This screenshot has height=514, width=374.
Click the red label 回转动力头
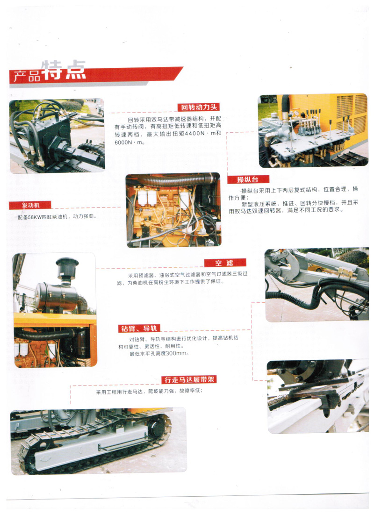(x=199, y=107)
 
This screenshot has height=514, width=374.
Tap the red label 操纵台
(x=248, y=179)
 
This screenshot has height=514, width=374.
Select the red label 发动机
(x=30, y=205)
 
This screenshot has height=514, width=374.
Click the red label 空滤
(x=225, y=263)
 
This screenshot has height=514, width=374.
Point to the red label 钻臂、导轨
(x=139, y=328)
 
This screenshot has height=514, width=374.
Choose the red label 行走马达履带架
(x=189, y=380)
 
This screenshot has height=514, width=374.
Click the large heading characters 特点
(x=64, y=70)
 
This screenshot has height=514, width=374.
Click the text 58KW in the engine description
(x=35, y=217)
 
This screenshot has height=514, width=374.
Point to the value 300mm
(x=176, y=353)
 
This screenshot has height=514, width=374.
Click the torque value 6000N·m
(x=129, y=142)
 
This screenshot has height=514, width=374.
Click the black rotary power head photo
(x=57, y=136)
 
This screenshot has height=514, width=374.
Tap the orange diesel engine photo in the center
(x=173, y=210)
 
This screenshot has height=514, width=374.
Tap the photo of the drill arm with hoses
(x=316, y=284)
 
